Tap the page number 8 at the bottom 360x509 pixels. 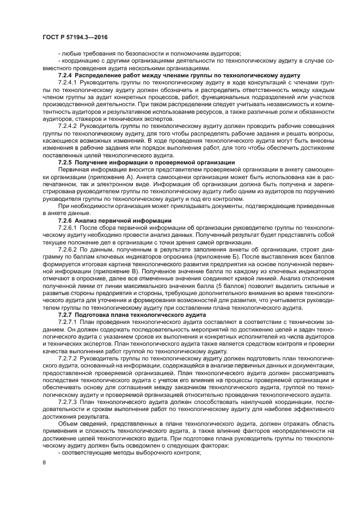click(x=44, y=462)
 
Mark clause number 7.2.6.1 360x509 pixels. click(x=69, y=227)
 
